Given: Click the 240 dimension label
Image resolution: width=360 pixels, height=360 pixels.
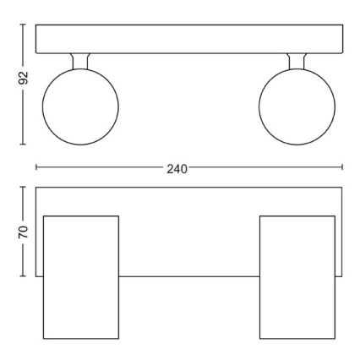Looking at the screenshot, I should tap(176, 168).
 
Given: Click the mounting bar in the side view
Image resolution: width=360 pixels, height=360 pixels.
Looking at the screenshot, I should tap(189, 38).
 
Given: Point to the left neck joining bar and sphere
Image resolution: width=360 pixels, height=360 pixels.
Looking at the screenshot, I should tap(81, 63).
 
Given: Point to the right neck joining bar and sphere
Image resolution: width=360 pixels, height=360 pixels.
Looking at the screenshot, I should tap(297, 63).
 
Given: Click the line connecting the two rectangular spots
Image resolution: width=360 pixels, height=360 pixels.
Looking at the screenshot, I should tap(189, 276).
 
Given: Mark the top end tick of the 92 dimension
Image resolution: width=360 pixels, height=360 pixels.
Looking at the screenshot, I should tap(24, 24).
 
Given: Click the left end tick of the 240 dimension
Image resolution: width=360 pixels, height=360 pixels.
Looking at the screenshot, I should tap(36, 168).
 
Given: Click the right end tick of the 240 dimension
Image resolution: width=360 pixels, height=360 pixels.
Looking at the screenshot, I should tap(342, 168).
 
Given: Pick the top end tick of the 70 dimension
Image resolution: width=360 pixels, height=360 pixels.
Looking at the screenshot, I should tap(24, 187).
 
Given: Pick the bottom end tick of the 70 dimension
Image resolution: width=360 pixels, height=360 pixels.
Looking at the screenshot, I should tap(24, 276).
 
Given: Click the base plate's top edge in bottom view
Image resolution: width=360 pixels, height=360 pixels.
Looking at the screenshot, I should tap(189, 188).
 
